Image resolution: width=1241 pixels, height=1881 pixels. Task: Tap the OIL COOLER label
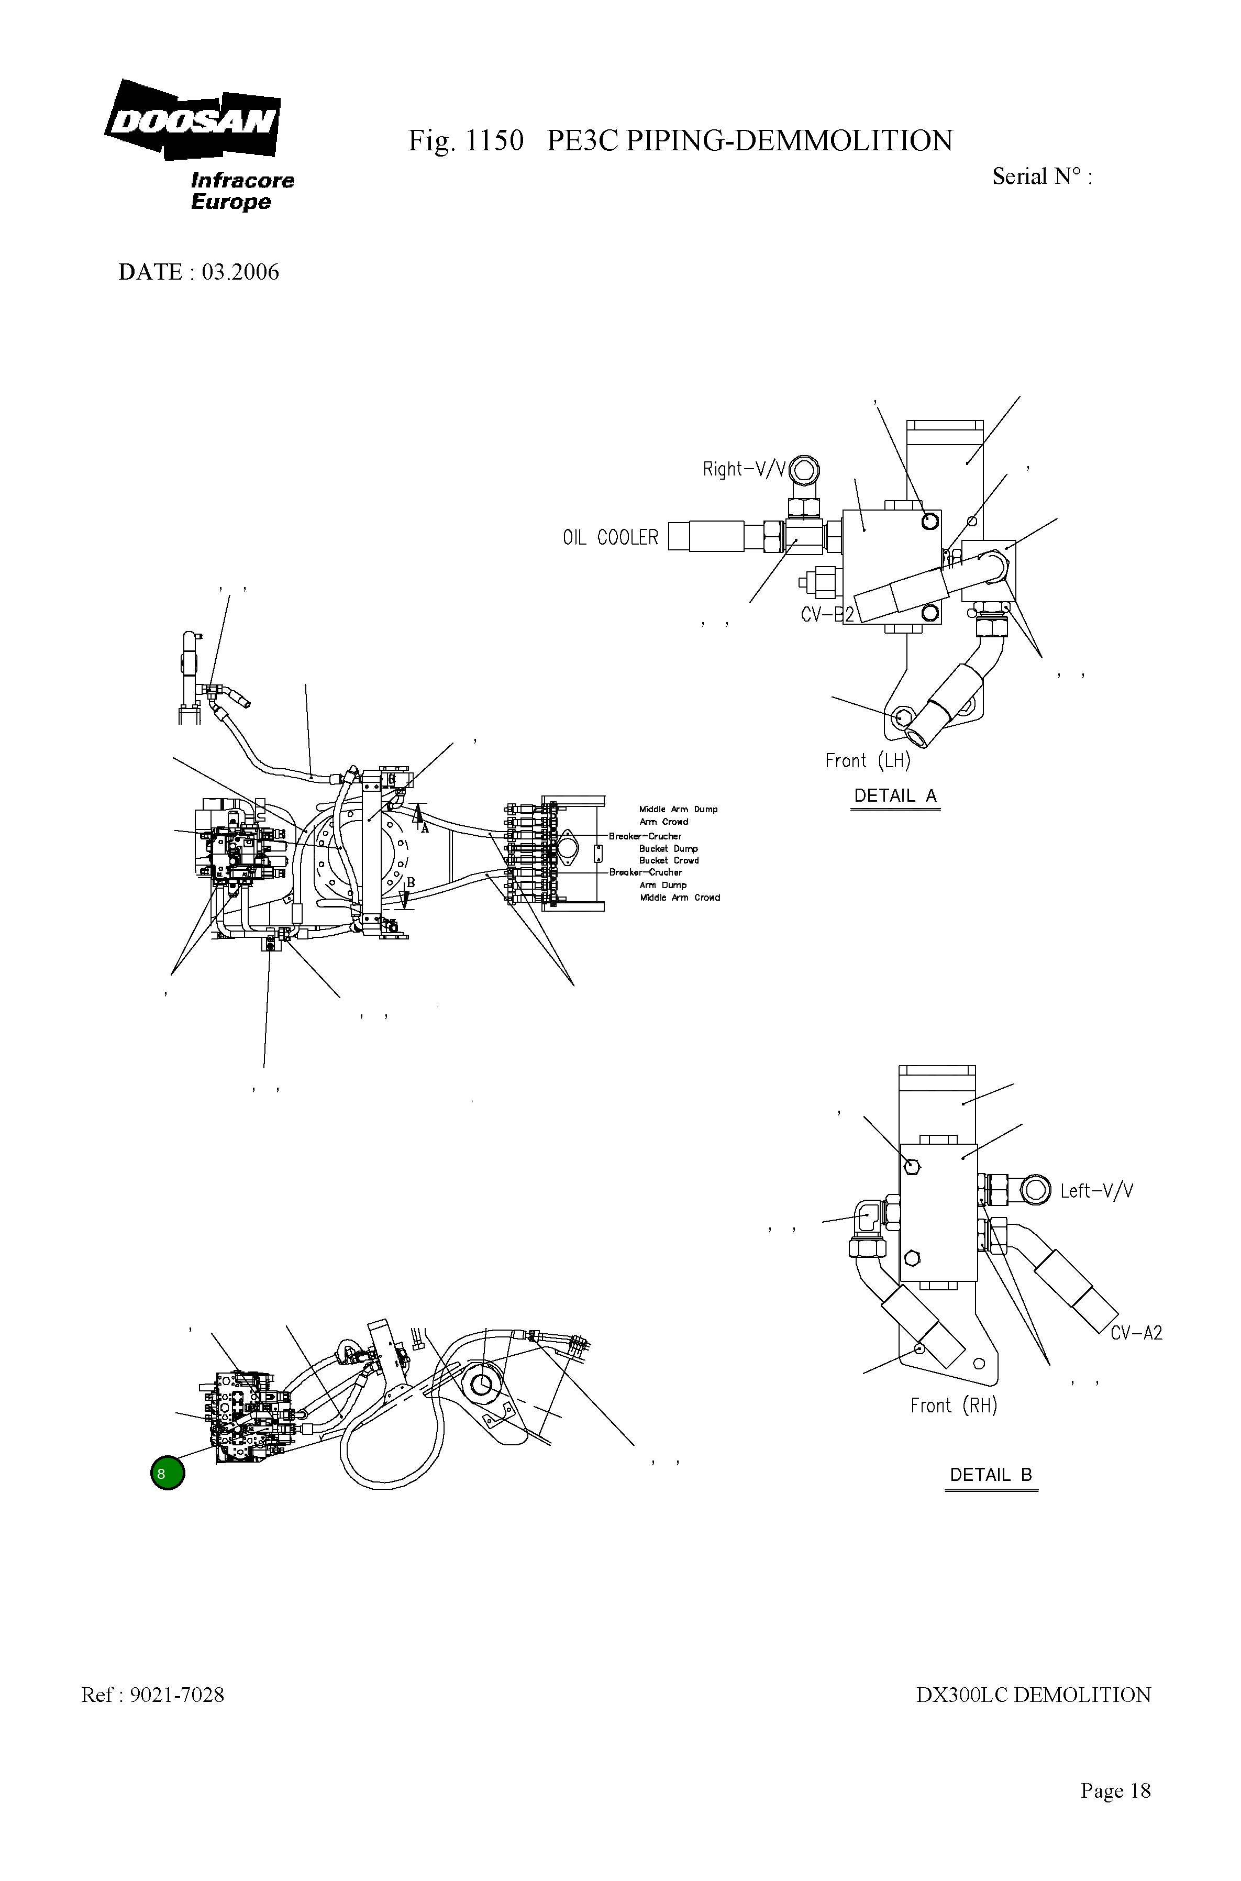tap(610, 537)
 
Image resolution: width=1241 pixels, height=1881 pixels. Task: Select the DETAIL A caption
tap(895, 796)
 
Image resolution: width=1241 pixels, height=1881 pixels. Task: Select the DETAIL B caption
tap(990, 1475)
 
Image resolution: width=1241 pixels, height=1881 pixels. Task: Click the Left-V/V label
tap(1096, 1191)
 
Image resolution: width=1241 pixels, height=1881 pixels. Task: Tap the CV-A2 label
tap(1136, 1333)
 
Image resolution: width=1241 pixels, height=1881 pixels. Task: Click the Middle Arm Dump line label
tap(678, 810)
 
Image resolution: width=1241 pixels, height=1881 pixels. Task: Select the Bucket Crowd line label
tap(669, 860)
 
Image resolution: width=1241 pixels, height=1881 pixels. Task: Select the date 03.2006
tap(240, 272)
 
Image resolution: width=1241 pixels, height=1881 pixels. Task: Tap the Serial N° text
tap(1041, 176)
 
